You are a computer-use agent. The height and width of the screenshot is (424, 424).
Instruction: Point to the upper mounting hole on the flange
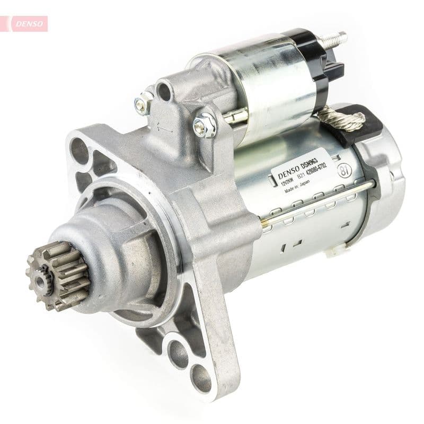79,146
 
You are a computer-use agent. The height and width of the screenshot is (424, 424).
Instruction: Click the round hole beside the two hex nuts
164,92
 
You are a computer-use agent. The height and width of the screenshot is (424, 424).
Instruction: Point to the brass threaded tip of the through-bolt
264,224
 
